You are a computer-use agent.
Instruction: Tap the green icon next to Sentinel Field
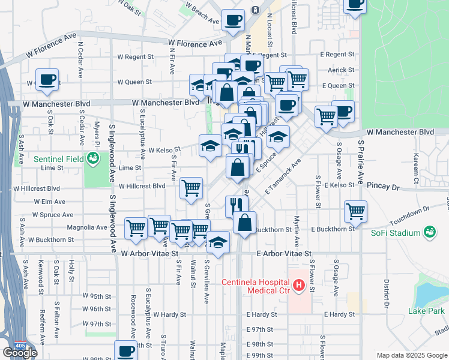point(93,159)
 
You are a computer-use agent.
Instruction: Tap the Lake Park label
point(426,311)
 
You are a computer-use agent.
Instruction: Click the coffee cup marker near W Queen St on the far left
point(47,79)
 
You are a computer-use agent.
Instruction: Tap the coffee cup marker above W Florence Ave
point(233,20)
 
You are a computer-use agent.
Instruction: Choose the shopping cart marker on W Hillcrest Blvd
point(191,188)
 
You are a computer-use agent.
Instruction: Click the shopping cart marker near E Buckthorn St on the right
point(355,211)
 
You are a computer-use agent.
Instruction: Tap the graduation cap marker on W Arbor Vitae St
point(218,242)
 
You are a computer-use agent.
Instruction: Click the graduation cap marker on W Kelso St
point(210,145)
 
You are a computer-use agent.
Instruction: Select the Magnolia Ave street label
point(88,227)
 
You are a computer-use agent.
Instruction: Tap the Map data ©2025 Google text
point(411,355)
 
